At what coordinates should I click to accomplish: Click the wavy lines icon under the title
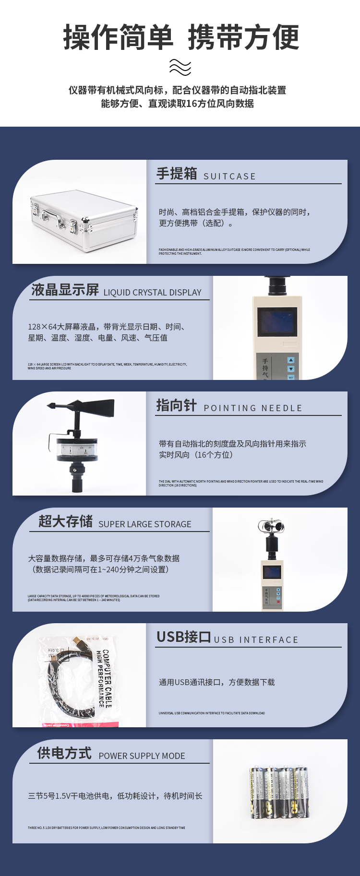[180, 68]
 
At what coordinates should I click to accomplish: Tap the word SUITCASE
[229, 177]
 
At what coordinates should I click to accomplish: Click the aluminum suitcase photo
[84, 220]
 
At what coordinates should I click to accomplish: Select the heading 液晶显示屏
[65, 290]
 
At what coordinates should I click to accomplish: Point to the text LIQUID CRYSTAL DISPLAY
[152, 293]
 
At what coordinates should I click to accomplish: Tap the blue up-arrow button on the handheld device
[290, 360]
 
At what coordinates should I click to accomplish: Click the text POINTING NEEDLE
[253, 408]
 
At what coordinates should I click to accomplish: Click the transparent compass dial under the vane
[77, 449]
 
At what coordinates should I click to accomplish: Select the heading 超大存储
[65, 521]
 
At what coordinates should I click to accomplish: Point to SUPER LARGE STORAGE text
[144, 524]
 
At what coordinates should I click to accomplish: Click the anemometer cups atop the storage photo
[271, 527]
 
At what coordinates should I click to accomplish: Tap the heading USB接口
[183, 637]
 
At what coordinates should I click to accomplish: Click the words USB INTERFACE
[256, 640]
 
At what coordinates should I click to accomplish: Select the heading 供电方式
[64, 753]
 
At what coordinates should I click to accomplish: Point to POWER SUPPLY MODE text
[142, 756]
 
